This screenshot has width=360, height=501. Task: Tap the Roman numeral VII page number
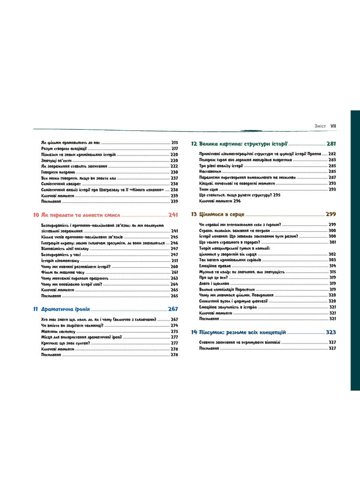pyautogui.click(x=333, y=126)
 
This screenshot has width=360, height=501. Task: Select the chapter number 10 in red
pyautogui.click(x=36, y=215)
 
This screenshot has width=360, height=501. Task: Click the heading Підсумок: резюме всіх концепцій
pyautogui.click(x=242, y=332)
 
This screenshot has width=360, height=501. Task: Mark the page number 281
pyautogui.click(x=331, y=144)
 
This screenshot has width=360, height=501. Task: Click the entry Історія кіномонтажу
pyautogui.click(x=58, y=261)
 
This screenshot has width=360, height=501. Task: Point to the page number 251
pyautogui.click(x=174, y=261)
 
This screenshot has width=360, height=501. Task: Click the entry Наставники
pyautogui.click(x=210, y=171)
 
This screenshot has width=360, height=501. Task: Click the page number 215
pyautogui.click(x=174, y=143)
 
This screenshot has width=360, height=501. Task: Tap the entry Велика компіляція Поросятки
pyautogui.click(x=226, y=289)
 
